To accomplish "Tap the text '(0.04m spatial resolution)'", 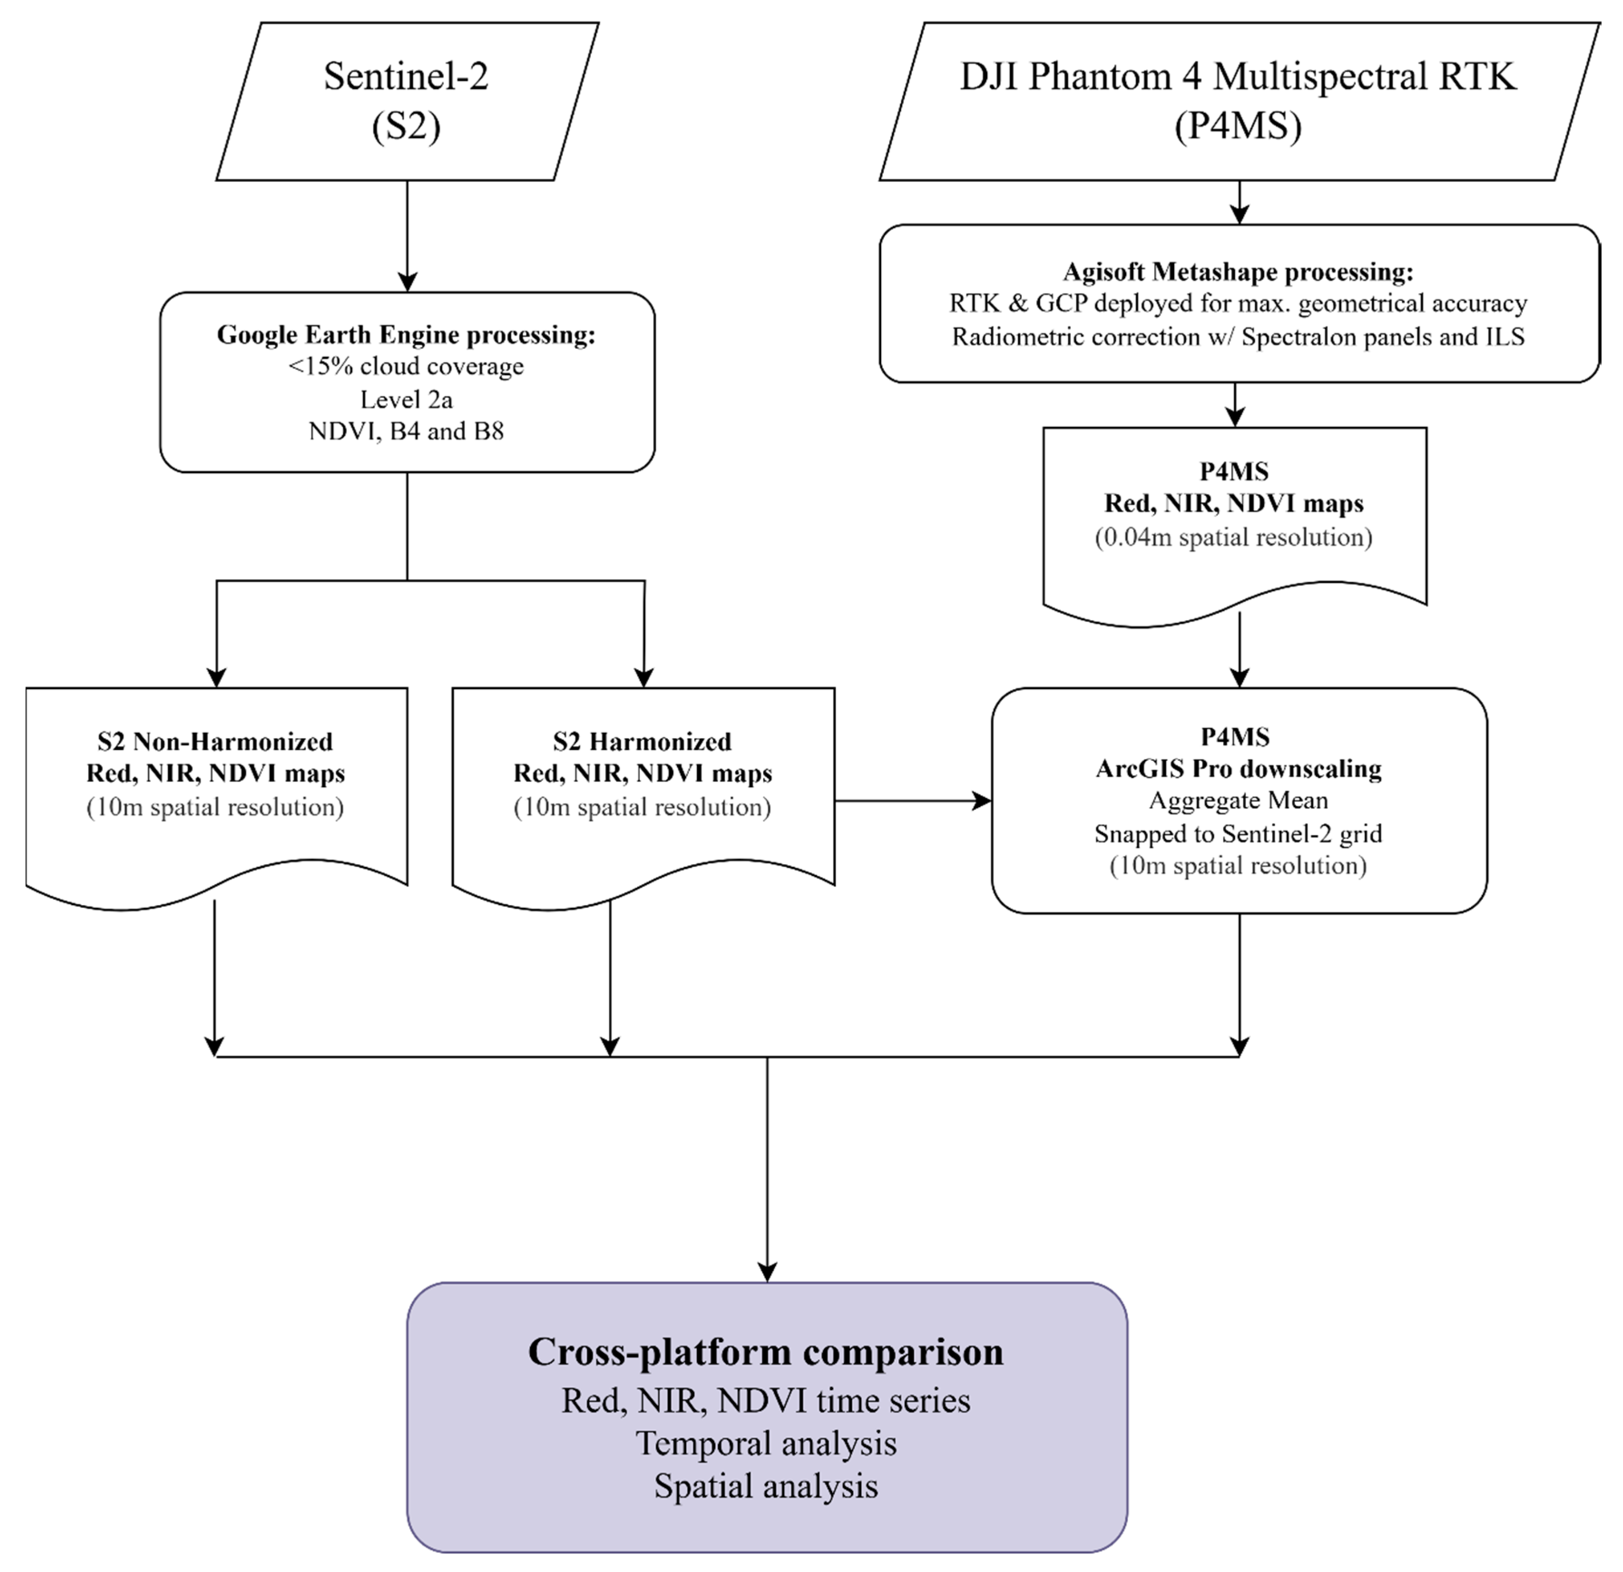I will (1234, 538).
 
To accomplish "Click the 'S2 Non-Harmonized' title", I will (215, 741).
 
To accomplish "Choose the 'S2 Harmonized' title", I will (643, 741).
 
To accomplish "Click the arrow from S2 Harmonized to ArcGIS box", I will (911, 801).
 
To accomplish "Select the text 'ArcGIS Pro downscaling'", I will (1239, 769).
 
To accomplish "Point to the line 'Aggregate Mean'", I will (1239, 801).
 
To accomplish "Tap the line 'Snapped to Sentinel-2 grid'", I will (1239, 833).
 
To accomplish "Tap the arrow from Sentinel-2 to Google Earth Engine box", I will (407, 236).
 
